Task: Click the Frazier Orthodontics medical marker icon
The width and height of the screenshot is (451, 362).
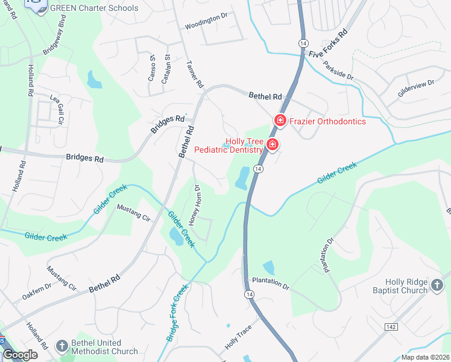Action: tap(280, 121)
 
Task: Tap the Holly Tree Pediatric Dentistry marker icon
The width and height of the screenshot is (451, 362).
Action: tap(272, 145)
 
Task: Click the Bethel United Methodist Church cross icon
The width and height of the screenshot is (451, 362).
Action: tap(61, 346)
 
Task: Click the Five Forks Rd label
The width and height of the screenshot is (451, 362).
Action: tap(329, 45)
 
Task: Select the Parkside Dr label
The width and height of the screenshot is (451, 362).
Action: tap(338, 71)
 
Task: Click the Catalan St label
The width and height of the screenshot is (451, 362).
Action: tap(167, 68)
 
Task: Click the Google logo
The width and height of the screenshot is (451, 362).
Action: tap(20, 355)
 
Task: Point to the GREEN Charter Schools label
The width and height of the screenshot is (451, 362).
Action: tap(95, 8)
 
